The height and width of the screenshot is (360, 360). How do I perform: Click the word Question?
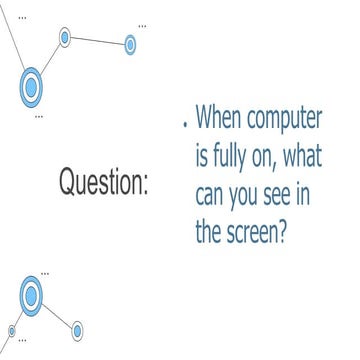(104, 184)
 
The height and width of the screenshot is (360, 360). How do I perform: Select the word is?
(203, 157)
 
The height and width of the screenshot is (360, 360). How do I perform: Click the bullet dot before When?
(186, 127)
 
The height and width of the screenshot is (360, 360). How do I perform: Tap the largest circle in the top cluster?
(32, 86)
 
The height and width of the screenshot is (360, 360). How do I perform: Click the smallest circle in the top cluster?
(65, 38)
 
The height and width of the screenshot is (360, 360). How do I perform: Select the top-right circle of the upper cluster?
(130, 44)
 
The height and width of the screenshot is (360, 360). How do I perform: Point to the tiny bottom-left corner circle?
(12, 329)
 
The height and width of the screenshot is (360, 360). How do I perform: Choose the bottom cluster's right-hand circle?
(77, 329)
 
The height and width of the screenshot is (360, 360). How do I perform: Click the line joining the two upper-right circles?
(97, 41)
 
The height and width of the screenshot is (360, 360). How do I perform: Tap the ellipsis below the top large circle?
(39, 116)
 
